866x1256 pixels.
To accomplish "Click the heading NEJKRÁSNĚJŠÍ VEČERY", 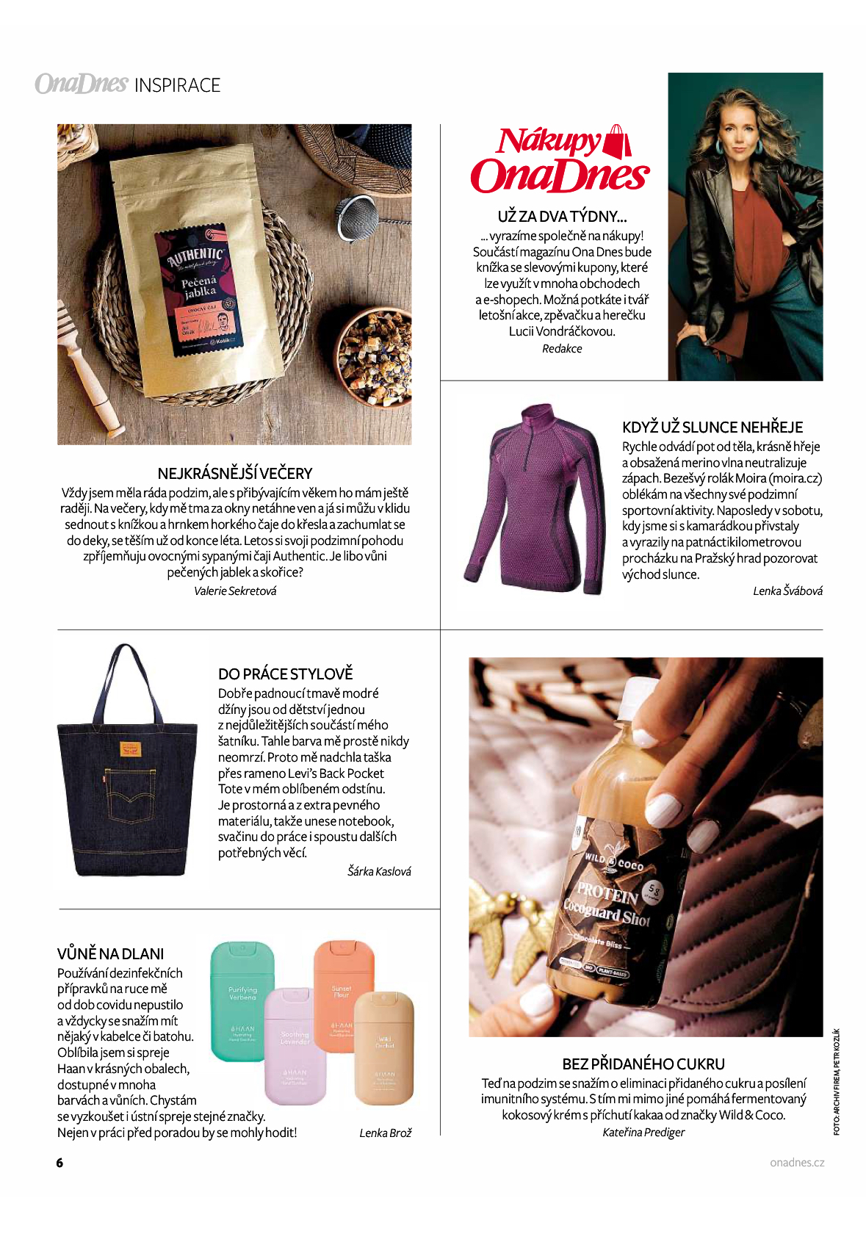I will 235,474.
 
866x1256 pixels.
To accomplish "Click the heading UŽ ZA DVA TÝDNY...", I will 562,217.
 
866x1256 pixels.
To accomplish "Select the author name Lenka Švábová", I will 787,591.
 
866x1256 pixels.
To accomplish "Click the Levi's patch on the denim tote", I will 130,749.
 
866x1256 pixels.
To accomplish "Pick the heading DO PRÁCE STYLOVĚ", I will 286,674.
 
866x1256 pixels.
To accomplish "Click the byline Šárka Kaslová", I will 379,872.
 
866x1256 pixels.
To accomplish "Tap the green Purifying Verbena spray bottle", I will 242,1001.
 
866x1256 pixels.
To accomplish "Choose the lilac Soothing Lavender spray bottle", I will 295,1046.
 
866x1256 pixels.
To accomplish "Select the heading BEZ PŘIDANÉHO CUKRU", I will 643,1064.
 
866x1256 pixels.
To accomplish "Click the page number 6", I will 60,1163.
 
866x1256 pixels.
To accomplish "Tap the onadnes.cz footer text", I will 797,1163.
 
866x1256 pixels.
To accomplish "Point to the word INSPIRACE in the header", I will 178,86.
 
